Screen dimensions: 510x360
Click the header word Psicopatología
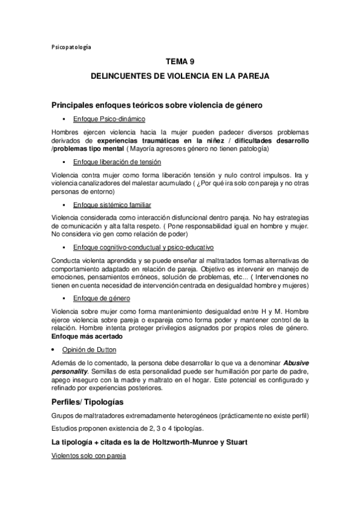pos(72,46)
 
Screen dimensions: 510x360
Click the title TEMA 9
pos(180,61)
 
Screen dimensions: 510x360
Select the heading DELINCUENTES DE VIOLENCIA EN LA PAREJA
pos(180,76)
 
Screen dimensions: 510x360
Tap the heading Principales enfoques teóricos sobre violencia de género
pos(148,105)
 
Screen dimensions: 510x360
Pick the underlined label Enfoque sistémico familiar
pos(112,205)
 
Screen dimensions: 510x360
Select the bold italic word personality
pos(71,372)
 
